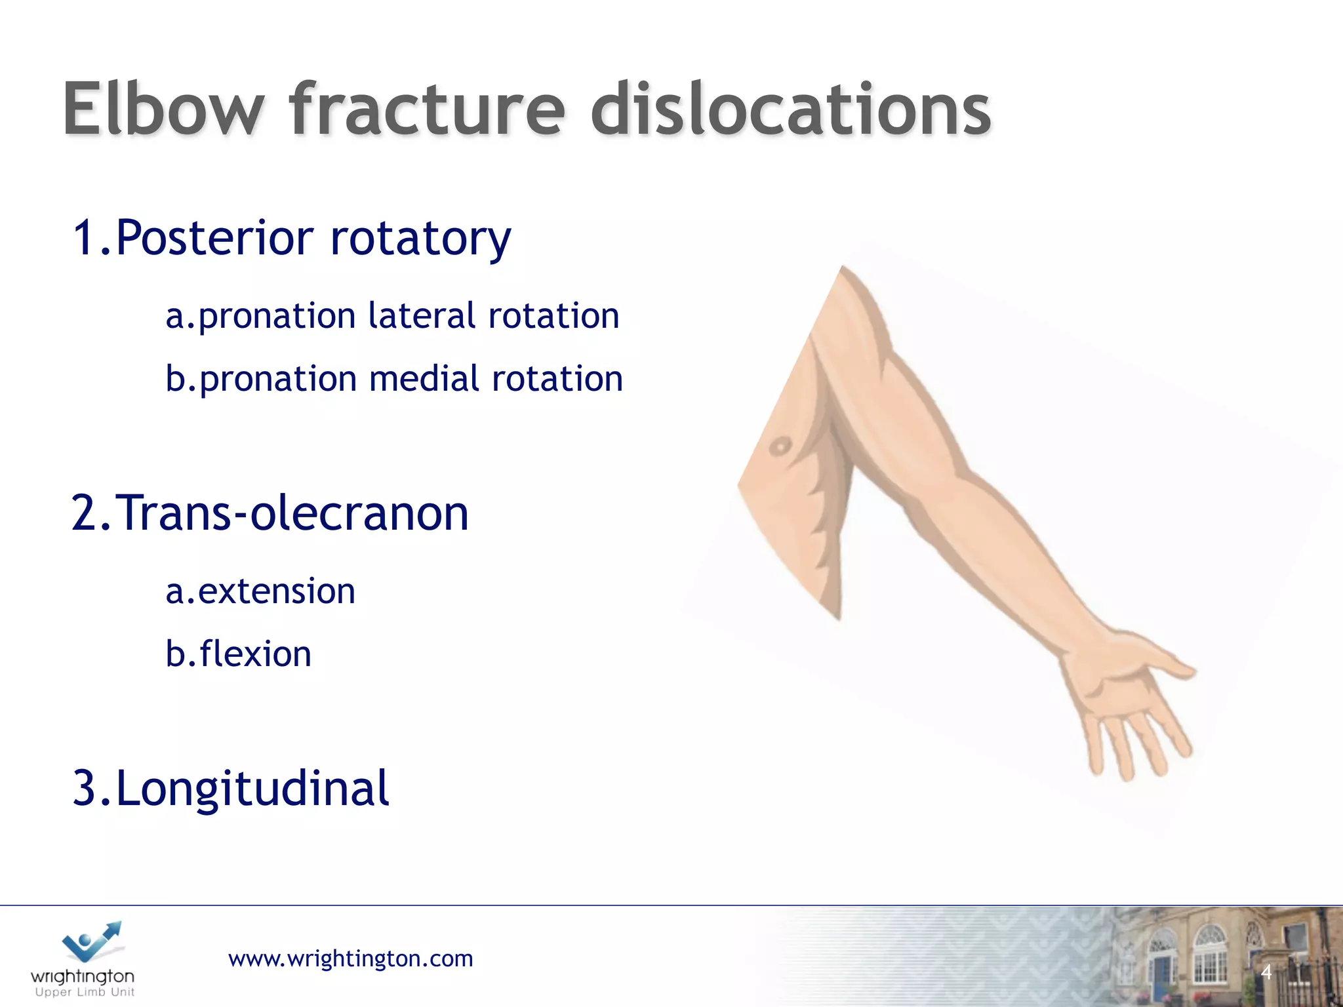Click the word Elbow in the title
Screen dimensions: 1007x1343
click(164, 110)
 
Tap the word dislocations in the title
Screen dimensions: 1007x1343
click(790, 110)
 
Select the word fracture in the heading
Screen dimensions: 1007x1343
click(426, 110)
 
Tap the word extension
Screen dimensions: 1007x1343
click(276, 591)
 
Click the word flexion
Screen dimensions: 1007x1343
click(255, 654)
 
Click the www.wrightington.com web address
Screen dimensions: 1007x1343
click(350, 958)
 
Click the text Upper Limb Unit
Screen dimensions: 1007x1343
click(85, 993)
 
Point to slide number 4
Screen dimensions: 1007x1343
click(1266, 972)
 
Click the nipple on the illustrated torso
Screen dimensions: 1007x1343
click(780, 446)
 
